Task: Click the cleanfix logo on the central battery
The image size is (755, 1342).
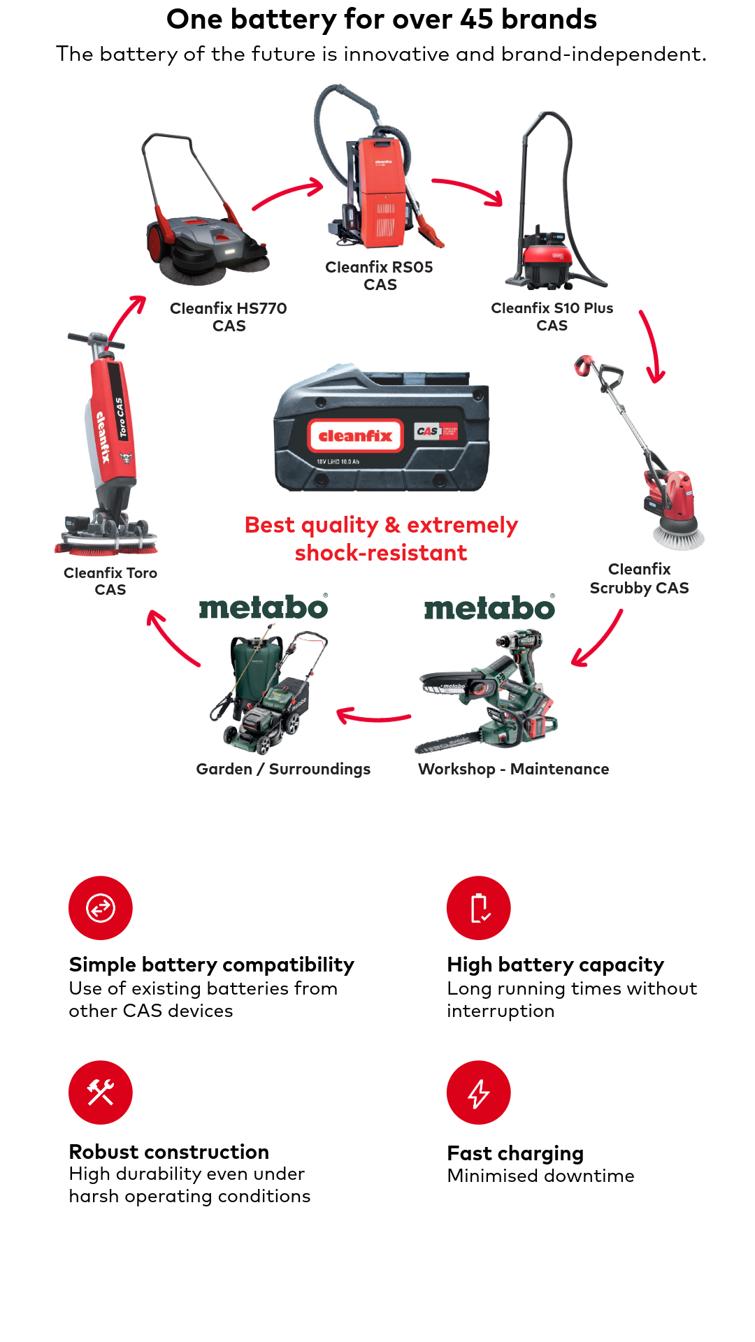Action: coord(356,436)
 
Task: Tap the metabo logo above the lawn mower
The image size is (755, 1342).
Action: coord(264,607)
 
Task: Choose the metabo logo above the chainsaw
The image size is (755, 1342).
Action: coord(489,607)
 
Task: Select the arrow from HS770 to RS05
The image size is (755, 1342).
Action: coord(287,192)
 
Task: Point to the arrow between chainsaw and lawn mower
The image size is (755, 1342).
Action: coord(373,716)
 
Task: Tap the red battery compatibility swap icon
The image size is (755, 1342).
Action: coord(101,908)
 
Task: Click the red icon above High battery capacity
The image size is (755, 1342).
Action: coord(479,908)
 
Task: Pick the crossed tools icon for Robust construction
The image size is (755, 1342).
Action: coord(101,1092)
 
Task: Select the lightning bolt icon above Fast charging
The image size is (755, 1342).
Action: coord(479,1092)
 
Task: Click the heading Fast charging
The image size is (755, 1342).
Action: coord(516,1153)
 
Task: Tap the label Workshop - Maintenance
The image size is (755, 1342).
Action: coord(514,769)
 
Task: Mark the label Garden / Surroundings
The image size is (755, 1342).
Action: coord(283,770)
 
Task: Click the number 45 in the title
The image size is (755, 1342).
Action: coord(477,20)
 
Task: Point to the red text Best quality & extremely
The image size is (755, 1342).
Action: coord(381,526)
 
